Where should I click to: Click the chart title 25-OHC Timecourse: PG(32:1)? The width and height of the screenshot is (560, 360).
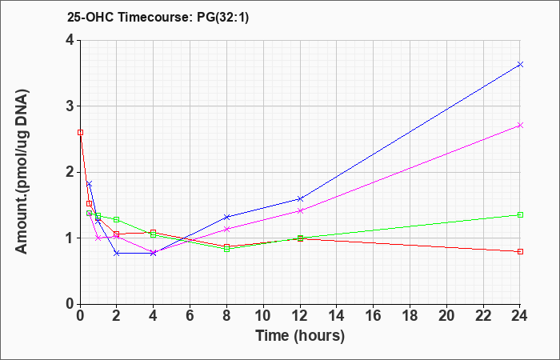(x=158, y=18)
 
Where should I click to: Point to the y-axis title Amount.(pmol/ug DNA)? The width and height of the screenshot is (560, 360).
(x=22, y=171)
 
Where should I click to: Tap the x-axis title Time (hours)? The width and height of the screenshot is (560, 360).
(x=300, y=337)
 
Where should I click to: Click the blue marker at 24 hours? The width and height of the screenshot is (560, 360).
(x=520, y=64)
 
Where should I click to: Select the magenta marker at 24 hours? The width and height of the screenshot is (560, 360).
(x=520, y=126)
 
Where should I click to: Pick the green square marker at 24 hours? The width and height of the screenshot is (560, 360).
(x=520, y=214)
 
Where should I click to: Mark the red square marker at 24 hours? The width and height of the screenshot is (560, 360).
(x=520, y=251)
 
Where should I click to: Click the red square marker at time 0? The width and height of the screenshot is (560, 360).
(x=80, y=132)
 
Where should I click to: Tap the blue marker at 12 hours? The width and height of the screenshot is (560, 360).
(x=300, y=198)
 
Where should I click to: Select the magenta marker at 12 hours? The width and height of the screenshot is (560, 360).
(x=300, y=210)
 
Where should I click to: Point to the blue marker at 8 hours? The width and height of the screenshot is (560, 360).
(x=226, y=217)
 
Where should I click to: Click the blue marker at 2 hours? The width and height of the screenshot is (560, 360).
(x=117, y=253)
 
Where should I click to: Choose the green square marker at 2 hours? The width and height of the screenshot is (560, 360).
(x=117, y=219)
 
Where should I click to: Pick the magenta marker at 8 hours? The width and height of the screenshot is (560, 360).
(x=226, y=229)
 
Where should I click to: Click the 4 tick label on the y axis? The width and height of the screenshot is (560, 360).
(x=70, y=40)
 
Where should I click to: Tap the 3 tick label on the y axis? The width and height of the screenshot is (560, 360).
(x=70, y=106)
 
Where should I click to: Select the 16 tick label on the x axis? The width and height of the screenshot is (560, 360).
(x=374, y=316)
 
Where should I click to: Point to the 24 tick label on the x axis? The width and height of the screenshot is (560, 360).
(x=520, y=316)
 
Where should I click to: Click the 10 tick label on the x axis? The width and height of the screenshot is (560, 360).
(x=263, y=316)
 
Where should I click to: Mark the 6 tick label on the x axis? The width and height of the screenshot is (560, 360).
(x=190, y=316)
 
